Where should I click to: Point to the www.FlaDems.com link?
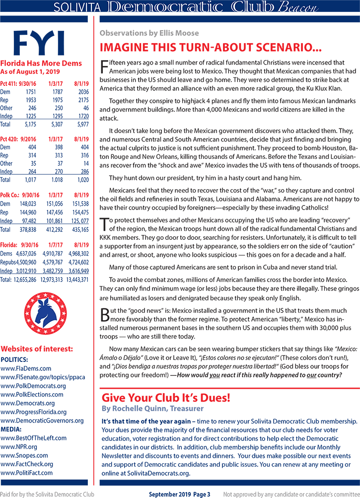26,369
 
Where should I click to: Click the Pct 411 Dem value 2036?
80,91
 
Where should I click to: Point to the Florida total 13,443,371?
75,280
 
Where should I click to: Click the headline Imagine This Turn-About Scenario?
211,48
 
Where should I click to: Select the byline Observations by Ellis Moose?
149,33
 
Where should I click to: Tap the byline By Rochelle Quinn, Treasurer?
152,409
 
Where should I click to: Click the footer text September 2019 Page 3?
180,494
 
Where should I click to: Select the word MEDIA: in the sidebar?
13,430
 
